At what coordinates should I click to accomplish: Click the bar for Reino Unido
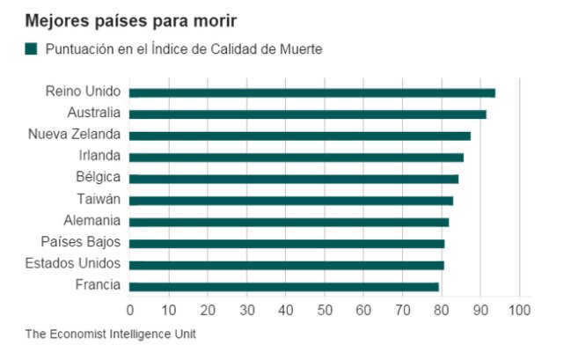(312, 92)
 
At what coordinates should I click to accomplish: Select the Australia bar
(308, 114)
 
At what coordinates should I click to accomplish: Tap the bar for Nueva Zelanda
(300, 136)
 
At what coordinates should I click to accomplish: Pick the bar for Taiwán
(291, 201)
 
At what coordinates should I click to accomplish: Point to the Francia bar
(284, 286)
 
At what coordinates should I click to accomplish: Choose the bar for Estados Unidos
(287, 265)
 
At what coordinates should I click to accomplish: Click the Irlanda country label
(99, 157)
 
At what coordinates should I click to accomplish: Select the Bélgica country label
(98, 179)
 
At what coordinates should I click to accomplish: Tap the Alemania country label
(92, 221)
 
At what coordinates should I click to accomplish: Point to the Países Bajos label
(81, 243)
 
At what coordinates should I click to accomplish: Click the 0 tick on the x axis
(130, 310)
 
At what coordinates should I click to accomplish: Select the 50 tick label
(325, 310)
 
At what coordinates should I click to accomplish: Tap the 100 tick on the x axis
(519, 310)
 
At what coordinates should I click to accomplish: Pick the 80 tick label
(442, 310)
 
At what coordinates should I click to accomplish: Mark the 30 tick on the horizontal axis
(246, 310)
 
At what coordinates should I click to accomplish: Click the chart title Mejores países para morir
(130, 18)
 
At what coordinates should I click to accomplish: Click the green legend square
(32, 49)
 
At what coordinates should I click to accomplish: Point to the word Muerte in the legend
(302, 49)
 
